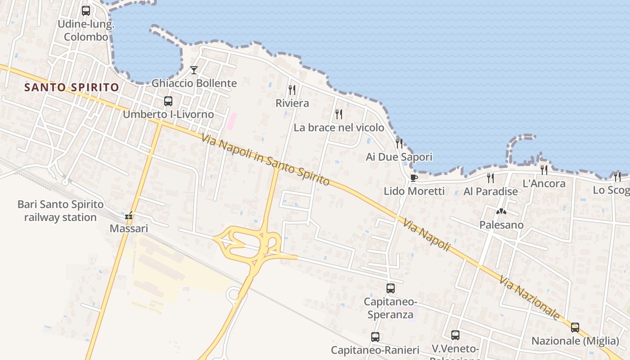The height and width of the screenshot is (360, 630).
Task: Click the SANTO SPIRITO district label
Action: [72, 87]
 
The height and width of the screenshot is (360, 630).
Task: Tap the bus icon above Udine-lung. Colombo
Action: [86, 10]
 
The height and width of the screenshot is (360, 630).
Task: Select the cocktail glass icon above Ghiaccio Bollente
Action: [194, 70]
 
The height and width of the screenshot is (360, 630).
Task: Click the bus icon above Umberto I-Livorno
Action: [168, 101]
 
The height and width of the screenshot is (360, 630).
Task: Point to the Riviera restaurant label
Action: [292, 103]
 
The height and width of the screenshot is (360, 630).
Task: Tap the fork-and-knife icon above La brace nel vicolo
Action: [339, 114]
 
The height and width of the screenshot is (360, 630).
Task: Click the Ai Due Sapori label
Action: [399, 157]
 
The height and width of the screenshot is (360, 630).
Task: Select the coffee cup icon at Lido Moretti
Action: [414, 178]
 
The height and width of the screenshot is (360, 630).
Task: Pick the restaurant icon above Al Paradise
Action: [490, 178]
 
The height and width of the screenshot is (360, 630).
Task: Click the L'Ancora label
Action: [544, 183]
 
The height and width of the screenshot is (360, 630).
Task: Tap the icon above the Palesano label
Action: [501, 211]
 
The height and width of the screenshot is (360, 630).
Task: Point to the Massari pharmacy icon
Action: [129, 216]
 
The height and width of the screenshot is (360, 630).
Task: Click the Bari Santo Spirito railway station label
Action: [60, 211]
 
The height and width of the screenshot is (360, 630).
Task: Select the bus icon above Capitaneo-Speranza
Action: [391, 288]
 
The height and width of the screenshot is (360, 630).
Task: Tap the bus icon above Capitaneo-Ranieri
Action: [375, 337]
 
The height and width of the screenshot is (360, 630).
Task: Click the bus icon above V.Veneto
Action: [455, 335]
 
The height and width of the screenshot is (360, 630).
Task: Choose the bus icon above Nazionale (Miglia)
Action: [575, 327]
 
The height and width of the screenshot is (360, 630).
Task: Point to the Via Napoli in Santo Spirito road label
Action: [265, 160]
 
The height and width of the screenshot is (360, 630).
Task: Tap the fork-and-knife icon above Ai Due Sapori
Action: [399, 143]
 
